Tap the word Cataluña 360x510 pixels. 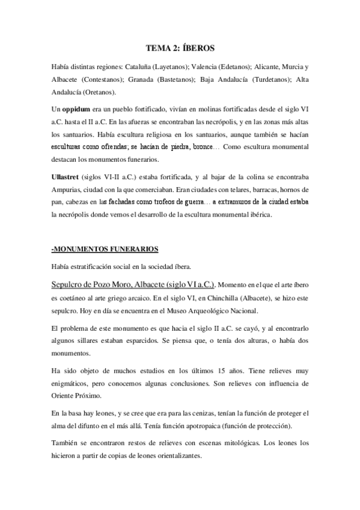(156, 66)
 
